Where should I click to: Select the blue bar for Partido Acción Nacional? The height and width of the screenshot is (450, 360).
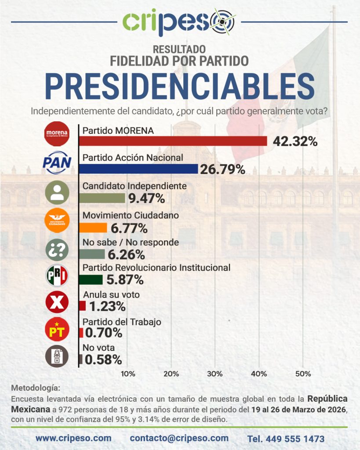point(138,169)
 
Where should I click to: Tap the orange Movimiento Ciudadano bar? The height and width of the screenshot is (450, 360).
point(93,228)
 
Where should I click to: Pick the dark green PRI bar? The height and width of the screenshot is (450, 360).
point(91,279)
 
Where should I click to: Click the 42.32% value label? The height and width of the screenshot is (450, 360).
point(295,142)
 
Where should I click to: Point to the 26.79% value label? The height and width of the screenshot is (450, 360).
point(222,169)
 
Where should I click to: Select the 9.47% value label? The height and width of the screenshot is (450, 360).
point(146,198)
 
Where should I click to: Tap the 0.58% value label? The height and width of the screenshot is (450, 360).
point(103,359)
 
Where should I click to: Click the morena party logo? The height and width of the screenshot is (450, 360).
point(57,134)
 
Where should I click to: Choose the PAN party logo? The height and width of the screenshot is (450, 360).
point(57,163)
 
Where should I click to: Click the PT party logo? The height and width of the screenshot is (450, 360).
point(57,330)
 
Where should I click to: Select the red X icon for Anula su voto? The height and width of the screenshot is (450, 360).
point(57,302)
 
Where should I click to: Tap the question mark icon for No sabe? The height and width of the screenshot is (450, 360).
point(57,250)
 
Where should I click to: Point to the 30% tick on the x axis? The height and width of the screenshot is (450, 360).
point(215,374)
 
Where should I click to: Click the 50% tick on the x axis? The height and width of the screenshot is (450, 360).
point(303,374)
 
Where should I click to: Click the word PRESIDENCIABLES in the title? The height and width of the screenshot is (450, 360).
point(180,86)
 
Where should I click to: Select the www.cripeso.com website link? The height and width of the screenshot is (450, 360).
point(73,438)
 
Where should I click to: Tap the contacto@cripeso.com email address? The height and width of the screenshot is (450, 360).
point(179,438)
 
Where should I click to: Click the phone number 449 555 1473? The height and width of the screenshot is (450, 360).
point(286,439)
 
